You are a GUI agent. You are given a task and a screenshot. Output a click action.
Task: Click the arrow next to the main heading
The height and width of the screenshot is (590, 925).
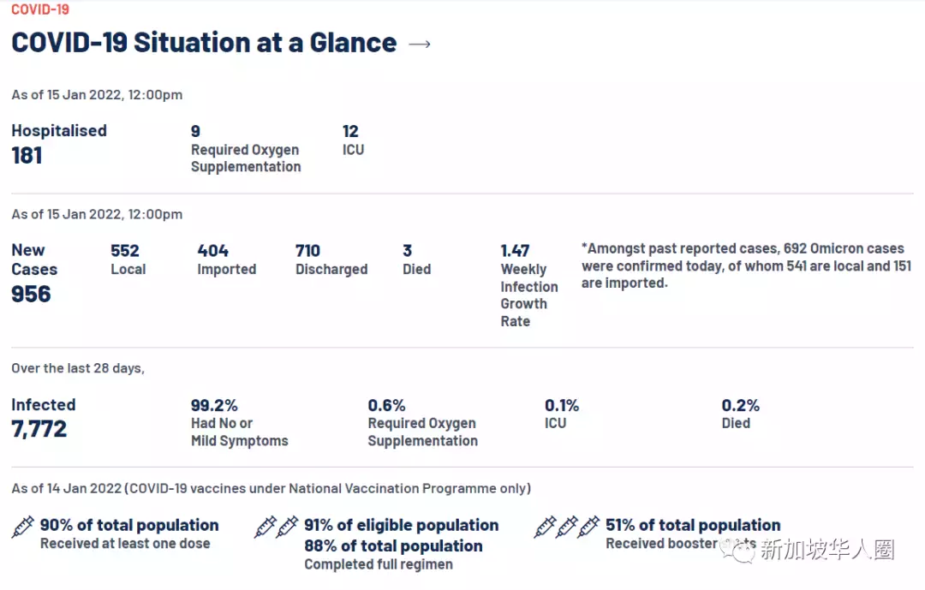tap(420, 44)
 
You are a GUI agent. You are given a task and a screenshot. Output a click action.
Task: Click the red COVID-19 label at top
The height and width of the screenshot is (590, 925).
tap(40, 9)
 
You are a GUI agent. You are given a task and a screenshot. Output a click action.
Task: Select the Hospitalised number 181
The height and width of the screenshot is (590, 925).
tap(27, 155)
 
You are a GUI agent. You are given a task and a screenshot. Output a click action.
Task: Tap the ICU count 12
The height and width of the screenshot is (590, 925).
tap(350, 131)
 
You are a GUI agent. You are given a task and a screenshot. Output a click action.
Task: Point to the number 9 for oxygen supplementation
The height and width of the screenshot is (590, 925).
tap(195, 131)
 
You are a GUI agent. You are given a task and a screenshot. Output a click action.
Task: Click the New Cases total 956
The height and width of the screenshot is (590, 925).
tap(31, 294)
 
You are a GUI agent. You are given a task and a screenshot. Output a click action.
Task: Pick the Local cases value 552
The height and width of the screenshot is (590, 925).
tap(125, 251)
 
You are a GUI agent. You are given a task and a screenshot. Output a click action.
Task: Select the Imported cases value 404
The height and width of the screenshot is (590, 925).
tap(213, 251)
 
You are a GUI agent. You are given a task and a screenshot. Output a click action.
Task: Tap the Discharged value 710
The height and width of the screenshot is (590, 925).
tap(307, 251)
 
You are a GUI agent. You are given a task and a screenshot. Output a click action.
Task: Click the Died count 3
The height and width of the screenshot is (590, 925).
tap(408, 251)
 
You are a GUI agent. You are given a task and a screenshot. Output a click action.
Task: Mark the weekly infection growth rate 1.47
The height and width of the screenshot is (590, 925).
tap(515, 251)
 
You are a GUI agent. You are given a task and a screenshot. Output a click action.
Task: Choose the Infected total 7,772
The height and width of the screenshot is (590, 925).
tap(39, 429)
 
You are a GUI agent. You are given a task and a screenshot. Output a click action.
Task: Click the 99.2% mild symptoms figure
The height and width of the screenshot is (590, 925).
tap(214, 405)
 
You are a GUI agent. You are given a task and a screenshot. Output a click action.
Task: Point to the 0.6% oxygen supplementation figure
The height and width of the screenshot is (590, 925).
tap(387, 405)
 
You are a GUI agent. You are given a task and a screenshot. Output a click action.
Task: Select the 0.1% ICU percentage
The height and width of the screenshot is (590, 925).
tap(562, 405)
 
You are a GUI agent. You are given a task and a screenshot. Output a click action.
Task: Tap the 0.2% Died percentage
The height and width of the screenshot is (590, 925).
tap(741, 405)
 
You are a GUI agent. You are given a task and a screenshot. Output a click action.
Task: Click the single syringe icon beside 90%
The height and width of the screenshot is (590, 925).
tap(23, 527)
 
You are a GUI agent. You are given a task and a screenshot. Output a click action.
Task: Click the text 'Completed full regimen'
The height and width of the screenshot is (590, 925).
tap(379, 564)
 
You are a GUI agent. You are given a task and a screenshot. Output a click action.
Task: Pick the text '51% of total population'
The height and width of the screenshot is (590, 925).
tap(693, 525)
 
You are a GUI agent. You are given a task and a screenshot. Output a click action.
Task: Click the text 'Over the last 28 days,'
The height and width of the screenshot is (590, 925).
tap(78, 368)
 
